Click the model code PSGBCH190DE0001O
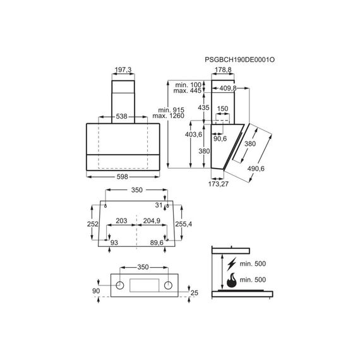pos(240,60)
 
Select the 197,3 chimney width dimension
pos(123,69)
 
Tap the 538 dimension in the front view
pos(121,116)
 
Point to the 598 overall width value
pos(123,177)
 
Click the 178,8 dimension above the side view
pos(223,69)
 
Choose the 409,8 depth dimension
pos(228,88)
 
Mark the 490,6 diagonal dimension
pos(256,169)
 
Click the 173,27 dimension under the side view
pos(219,184)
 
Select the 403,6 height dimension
pos(193,135)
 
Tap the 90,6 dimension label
pos(220,139)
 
